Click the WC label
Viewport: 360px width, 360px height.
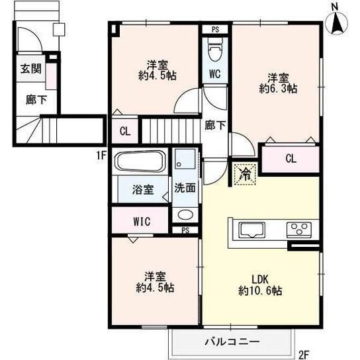pyautogui.click(x=214, y=74)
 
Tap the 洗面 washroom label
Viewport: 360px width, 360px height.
pyautogui.click(x=184, y=187)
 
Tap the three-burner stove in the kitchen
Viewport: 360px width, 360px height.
pyautogui.click(x=297, y=230)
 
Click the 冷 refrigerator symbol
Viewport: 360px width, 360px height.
pyautogui.click(x=245, y=174)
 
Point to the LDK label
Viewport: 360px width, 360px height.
pyautogui.click(x=259, y=278)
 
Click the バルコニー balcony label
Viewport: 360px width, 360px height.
pyautogui.click(x=232, y=342)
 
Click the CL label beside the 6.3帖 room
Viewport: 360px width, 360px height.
pyautogui.click(x=291, y=159)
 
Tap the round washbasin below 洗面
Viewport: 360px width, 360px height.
pyautogui.click(x=185, y=215)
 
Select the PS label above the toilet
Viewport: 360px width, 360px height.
pyautogui.click(x=214, y=29)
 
